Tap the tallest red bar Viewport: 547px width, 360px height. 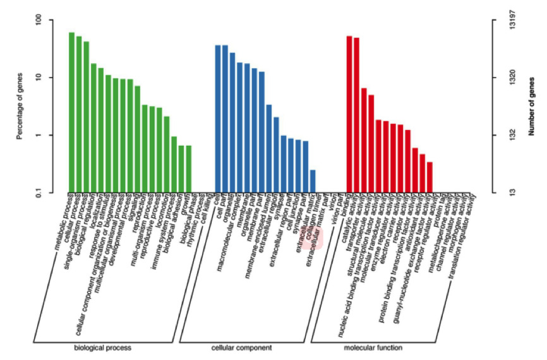[349, 114]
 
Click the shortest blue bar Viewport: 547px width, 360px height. [313, 181]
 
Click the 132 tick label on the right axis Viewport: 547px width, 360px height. [512, 135]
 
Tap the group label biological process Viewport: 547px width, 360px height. [102, 348]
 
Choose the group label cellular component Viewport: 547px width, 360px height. [242, 348]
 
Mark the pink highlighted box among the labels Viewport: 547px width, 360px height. [313, 239]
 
